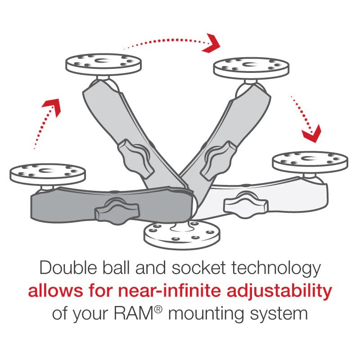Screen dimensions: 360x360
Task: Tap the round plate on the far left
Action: coord(41,172)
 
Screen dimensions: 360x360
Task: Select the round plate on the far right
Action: coord(310,160)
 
